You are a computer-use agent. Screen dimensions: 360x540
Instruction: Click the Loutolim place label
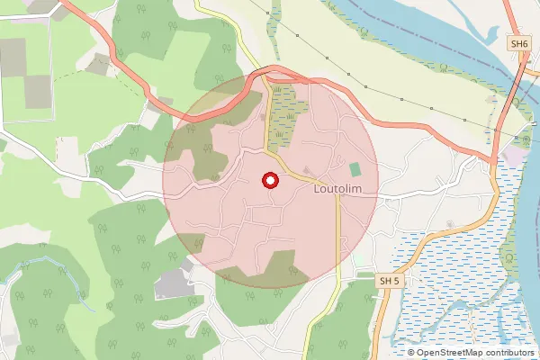point(337,190)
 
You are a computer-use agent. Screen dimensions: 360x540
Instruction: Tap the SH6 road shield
point(518,43)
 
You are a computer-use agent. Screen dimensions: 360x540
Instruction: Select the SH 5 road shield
point(387,282)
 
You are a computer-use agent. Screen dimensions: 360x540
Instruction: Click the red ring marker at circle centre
point(269,181)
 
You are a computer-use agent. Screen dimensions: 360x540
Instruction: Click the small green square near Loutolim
point(355,168)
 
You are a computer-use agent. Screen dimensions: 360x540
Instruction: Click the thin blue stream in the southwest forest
point(36,263)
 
